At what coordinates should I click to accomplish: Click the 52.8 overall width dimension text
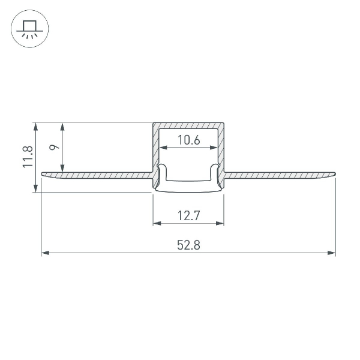[x=188, y=244]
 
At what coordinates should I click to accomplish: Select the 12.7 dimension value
[x=188, y=215]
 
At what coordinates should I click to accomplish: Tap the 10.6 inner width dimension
[x=188, y=141]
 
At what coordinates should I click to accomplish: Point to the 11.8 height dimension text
[x=28, y=157]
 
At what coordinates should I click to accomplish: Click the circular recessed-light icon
[x=28, y=28]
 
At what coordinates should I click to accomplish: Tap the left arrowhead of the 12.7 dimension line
[x=157, y=223]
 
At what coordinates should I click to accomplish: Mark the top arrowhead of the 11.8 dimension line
[x=37, y=127]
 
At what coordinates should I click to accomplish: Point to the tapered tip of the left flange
[x=43, y=174]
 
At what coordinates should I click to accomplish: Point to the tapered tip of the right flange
[x=334, y=174]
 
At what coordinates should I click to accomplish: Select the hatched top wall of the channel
[x=188, y=125]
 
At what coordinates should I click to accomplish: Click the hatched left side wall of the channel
[x=155, y=150]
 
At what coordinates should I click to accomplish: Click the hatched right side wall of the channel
[x=221, y=150]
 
